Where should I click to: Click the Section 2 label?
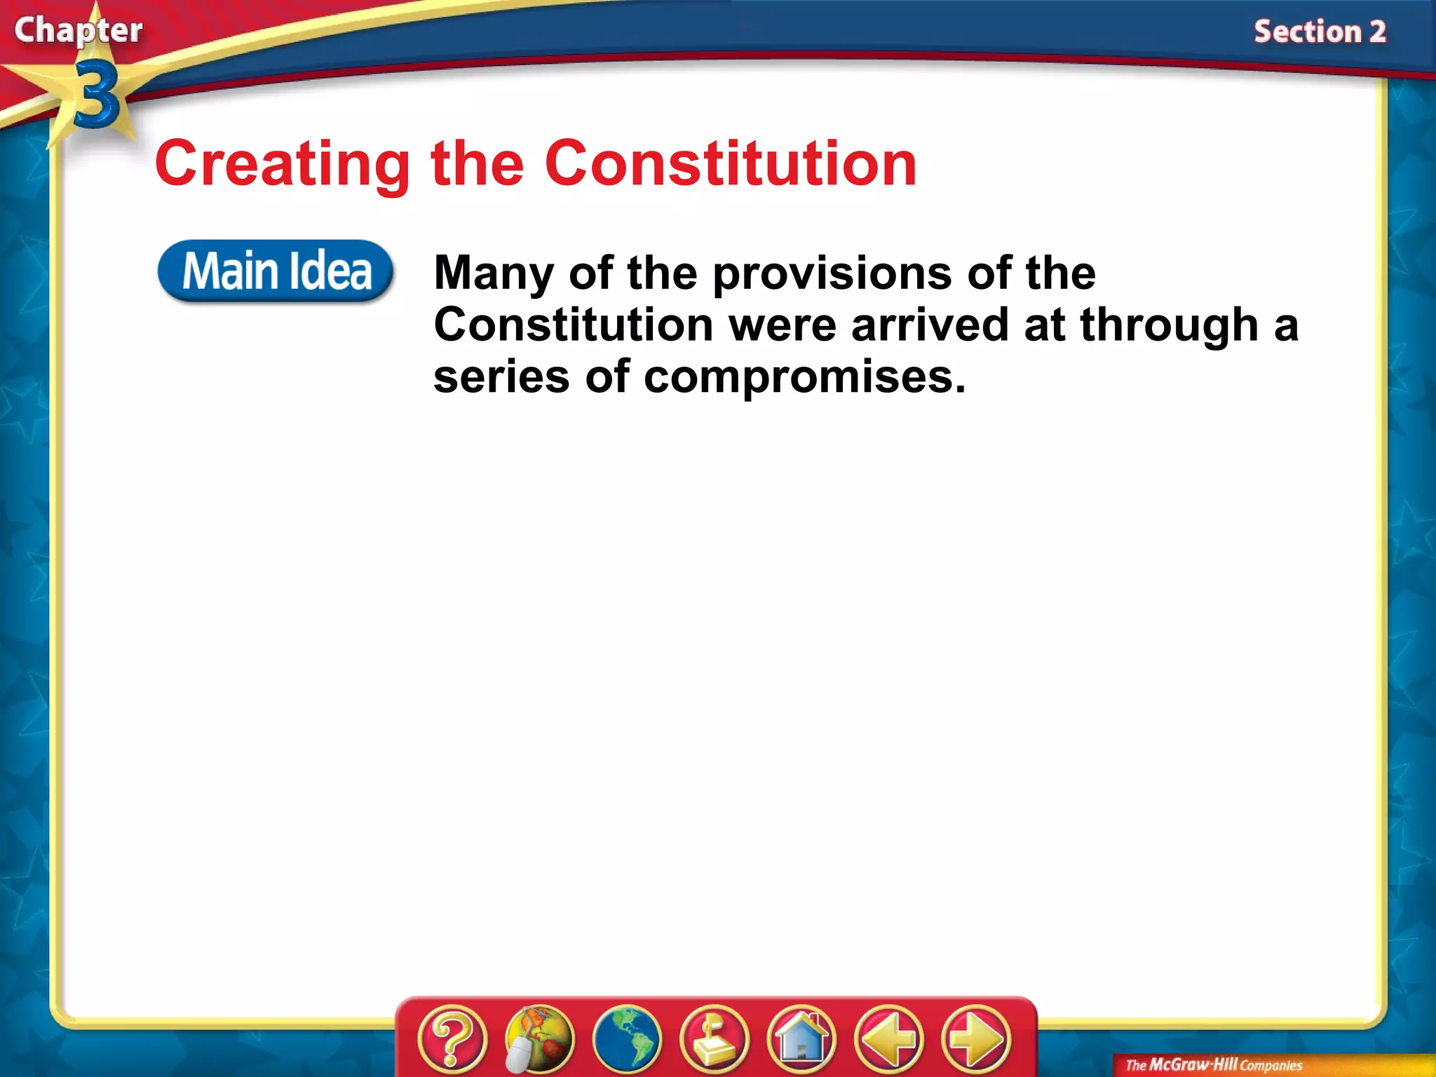pos(1320,32)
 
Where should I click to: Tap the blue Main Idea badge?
pos(276,271)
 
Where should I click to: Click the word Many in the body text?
pos(494,273)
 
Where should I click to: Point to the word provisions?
pos(832,273)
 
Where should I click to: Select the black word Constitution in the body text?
pos(573,325)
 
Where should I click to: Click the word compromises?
pos(804,377)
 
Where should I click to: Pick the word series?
pos(501,377)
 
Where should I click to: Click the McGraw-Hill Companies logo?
pos(1213,1065)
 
